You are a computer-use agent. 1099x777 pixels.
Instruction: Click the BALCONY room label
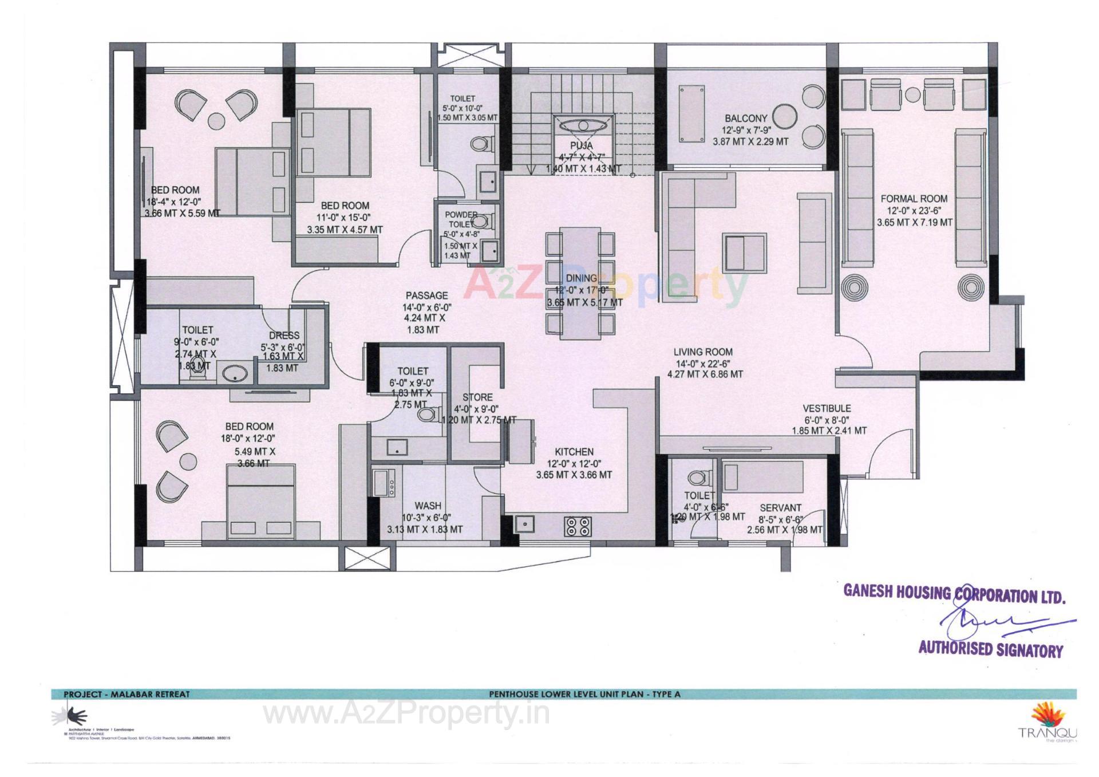(746, 119)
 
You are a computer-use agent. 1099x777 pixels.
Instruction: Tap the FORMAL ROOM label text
(914, 199)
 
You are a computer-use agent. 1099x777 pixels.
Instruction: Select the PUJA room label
(582, 146)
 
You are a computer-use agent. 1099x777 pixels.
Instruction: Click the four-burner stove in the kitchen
(577, 526)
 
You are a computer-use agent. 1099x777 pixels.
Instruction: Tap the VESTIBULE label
(827, 408)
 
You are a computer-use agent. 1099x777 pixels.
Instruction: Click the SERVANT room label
(780, 508)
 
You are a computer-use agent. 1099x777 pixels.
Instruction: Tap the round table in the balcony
(784, 116)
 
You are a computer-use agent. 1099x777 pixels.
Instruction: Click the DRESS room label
(284, 336)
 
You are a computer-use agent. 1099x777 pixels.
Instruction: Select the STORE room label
(477, 397)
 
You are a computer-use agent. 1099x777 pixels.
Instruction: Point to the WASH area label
(428, 506)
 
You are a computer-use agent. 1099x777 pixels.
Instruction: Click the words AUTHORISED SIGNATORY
(990, 650)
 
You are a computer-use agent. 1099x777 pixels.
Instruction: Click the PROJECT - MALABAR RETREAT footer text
(126, 694)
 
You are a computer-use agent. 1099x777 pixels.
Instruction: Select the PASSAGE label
(426, 295)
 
